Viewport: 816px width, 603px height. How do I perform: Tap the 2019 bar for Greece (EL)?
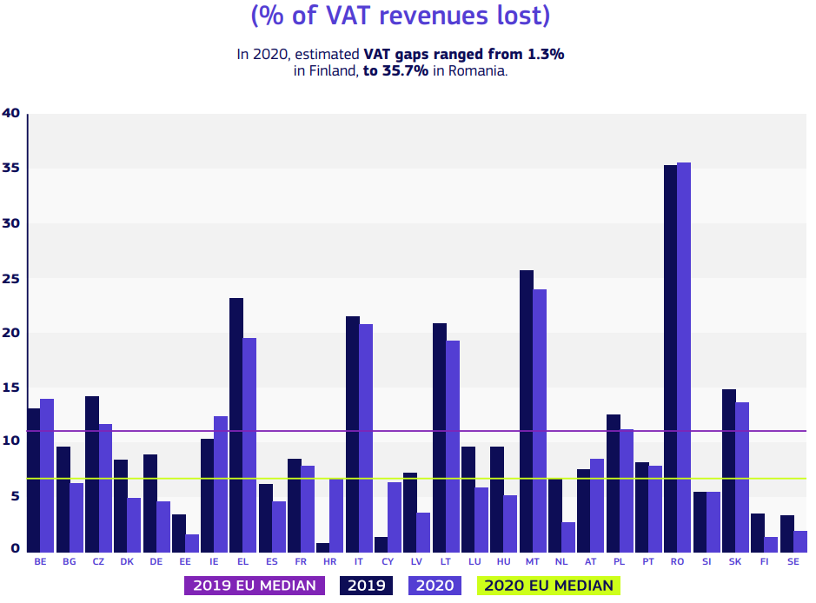(236, 425)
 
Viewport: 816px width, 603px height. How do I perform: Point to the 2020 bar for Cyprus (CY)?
(395, 517)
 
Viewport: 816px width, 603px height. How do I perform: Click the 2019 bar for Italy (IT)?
(352, 434)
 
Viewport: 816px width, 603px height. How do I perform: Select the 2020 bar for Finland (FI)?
(771, 544)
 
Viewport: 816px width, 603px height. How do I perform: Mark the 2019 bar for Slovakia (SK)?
(729, 470)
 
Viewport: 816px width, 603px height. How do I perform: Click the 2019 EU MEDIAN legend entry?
(254, 586)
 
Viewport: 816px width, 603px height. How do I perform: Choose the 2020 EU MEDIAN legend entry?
(548, 586)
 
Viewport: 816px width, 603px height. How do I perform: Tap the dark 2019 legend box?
(366, 586)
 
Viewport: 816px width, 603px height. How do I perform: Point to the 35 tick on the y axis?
(11, 169)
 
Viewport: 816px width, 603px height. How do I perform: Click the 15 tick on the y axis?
(11, 388)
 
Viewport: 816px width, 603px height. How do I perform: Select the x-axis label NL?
(561, 562)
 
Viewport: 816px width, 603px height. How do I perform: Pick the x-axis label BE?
(40, 562)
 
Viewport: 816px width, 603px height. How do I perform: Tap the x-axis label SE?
(793, 562)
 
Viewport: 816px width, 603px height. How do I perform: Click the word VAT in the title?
(363, 15)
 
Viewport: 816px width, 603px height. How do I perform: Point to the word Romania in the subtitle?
(476, 71)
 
